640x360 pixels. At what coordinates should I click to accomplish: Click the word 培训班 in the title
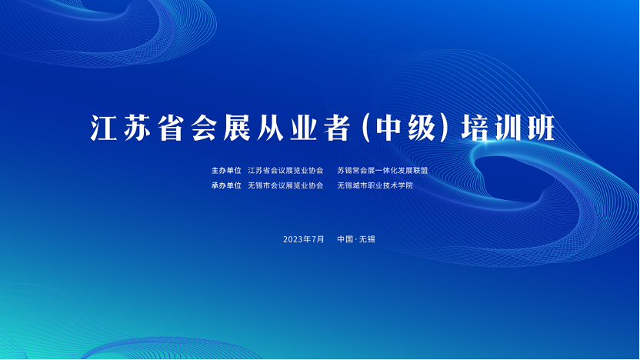(x=508, y=128)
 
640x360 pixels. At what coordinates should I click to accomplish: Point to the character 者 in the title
(x=337, y=128)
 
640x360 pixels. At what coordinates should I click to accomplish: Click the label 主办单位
(x=226, y=170)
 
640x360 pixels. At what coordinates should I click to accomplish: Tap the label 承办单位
(x=226, y=185)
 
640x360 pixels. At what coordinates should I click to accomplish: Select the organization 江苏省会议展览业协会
(x=285, y=170)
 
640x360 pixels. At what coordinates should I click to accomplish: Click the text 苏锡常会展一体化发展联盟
(x=382, y=170)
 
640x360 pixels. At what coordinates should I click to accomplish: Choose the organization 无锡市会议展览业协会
(x=285, y=185)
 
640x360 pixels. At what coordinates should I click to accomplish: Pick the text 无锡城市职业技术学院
(x=375, y=185)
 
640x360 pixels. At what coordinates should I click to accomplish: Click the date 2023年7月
(x=304, y=239)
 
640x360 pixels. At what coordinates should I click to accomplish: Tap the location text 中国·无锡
(x=356, y=239)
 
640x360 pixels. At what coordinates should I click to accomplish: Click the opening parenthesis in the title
(x=366, y=129)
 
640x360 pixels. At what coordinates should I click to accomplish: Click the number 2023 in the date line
(x=294, y=239)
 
